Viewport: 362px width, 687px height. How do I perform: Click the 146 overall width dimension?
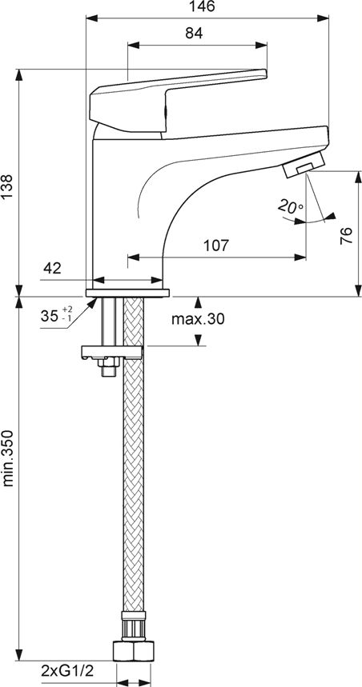coord(203,6)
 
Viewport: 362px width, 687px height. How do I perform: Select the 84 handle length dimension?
coord(194,33)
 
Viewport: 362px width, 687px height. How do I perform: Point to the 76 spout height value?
coord(347,236)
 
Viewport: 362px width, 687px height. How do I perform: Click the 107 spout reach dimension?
coord(216,246)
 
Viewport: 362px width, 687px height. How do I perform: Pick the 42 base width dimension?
coord(52,268)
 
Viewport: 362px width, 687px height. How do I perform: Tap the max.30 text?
coord(198,319)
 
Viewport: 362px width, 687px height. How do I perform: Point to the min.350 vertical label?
coord(10,458)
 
